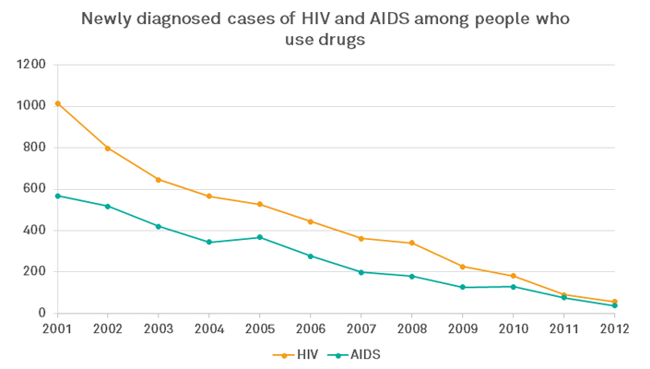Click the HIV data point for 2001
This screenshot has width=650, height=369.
(57, 103)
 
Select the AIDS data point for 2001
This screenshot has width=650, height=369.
(57, 196)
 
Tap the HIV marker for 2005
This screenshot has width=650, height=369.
(260, 204)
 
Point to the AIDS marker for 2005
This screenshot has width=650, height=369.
(260, 237)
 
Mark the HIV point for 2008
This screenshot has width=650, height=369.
(412, 243)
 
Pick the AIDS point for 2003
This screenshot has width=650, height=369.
(159, 226)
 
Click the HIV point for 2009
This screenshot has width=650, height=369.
(463, 267)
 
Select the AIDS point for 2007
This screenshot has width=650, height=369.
(361, 272)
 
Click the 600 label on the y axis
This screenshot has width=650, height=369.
(34, 189)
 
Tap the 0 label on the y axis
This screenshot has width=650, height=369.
(41, 314)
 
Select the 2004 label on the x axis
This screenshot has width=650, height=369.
(209, 329)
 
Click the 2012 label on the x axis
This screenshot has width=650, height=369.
(615, 329)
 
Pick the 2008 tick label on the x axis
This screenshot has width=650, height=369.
(412, 329)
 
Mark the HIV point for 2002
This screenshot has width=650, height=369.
(108, 149)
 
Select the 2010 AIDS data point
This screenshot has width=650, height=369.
(514, 286)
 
